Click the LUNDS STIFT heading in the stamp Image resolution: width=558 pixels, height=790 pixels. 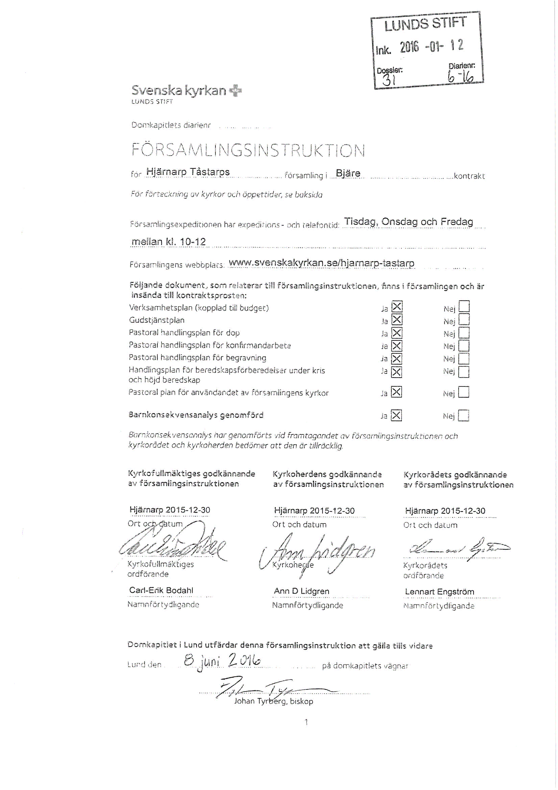425,24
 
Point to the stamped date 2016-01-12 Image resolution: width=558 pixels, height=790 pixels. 431,46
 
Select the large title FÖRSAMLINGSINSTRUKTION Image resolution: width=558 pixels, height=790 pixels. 248,150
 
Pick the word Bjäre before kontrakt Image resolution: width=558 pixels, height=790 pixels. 348,173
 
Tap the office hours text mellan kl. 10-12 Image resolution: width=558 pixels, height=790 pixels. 168,242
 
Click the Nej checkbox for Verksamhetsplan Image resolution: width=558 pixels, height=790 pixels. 464,306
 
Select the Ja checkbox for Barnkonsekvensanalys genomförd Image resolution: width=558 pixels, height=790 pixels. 396,416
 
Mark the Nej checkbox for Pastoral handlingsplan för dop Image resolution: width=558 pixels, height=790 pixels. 464,333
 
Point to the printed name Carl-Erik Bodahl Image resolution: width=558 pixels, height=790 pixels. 161,590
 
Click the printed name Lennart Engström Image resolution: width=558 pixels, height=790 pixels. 439,592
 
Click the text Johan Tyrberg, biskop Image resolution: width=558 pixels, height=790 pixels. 273,701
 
